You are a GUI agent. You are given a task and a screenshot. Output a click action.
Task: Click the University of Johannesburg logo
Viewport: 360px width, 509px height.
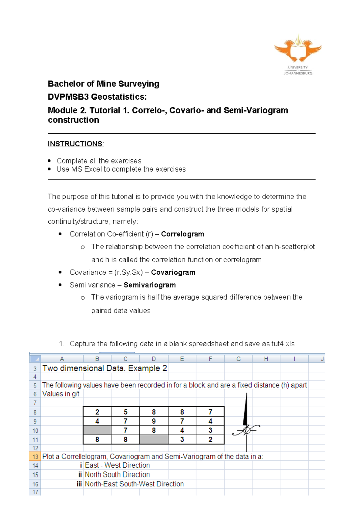(x=298, y=54)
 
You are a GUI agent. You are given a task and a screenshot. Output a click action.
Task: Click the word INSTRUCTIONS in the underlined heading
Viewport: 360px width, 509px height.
(x=75, y=144)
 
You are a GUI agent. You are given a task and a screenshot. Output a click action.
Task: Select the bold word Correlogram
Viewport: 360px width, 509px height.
(x=182, y=234)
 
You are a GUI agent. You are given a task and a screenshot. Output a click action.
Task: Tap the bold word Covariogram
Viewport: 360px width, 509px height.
(x=173, y=273)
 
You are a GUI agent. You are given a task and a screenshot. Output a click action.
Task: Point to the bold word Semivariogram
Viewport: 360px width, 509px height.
(x=150, y=285)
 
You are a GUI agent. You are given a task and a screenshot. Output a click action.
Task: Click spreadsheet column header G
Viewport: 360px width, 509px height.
(x=238, y=359)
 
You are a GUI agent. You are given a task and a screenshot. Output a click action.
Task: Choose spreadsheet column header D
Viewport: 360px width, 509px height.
(x=154, y=359)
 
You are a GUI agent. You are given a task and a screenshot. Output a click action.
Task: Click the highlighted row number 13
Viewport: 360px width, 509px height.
(x=35, y=457)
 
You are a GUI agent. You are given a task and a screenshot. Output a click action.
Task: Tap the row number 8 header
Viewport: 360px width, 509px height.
(x=35, y=412)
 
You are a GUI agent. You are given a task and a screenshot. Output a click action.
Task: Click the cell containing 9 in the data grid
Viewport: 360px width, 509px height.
(x=154, y=421)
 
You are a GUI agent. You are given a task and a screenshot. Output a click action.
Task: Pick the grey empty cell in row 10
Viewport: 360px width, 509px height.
(x=97, y=430)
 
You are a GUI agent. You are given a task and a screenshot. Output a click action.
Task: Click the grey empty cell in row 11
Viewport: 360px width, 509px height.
(x=154, y=440)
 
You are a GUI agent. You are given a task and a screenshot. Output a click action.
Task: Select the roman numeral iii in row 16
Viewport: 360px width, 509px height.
(x=79, y=484)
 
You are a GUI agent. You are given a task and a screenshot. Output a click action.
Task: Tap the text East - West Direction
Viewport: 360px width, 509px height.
(x=117, y=465)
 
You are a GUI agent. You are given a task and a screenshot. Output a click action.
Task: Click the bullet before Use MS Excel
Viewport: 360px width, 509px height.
(x=49, y=169)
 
